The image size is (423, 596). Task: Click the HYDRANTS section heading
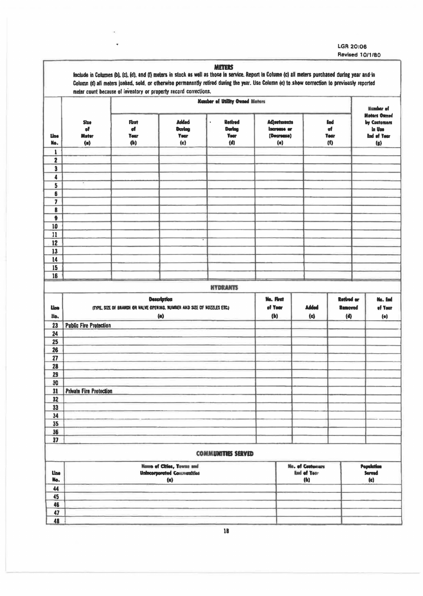coord(224,288)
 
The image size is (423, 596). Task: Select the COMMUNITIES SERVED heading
coord(225,454)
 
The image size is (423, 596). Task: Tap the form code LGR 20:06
coord(352,46)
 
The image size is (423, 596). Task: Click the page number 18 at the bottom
coord(226,531)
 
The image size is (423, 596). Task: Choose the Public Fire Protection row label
coord(88,326)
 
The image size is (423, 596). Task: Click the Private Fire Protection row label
coord(89,391)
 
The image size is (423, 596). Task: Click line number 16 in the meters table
coord(55,276)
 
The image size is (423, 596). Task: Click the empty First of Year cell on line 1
coord(135,152)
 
